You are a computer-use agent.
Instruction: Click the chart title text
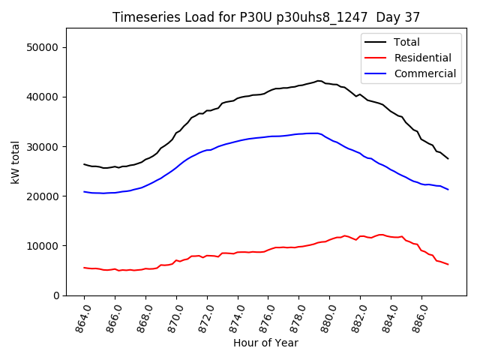(266, 16)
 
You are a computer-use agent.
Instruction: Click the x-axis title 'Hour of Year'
(265, 343)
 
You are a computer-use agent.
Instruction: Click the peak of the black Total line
(319, 81)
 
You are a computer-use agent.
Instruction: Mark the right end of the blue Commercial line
(448, 190)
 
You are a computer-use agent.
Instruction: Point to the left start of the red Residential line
(84, 268)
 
